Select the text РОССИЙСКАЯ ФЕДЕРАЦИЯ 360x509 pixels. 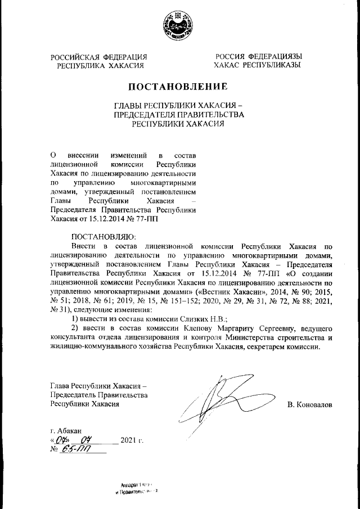pos(99,57)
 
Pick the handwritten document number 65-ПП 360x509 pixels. pos(71,450)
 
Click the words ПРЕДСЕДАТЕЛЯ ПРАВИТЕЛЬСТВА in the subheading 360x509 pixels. pos(179,115)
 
